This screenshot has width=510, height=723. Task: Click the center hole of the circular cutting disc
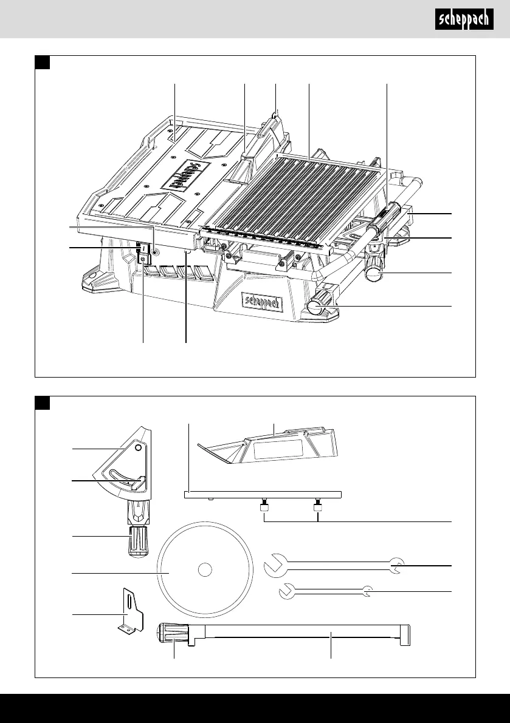click(205, 570)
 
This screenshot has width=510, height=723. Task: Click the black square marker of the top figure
click(42, 63)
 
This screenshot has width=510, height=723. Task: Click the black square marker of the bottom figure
click(42, 403)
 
